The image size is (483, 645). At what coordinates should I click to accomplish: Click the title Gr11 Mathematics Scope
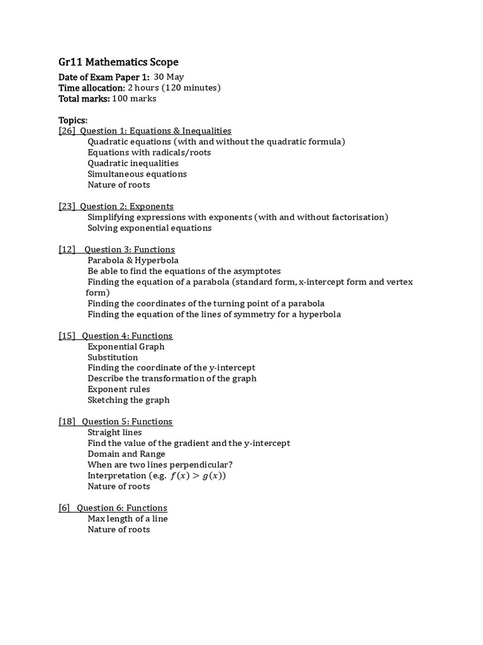coord(118,62)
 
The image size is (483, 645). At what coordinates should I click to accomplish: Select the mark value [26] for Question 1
coord(67,131)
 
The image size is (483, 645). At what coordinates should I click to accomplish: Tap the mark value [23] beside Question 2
coord(67,207)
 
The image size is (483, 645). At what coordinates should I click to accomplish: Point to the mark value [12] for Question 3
coord(67,249)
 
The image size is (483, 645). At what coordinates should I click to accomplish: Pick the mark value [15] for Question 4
coord(67,336)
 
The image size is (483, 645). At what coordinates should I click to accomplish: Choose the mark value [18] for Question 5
coord(67,421)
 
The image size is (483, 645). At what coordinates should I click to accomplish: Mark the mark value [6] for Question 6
coord(65,508)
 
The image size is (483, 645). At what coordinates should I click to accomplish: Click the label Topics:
coord(73,120)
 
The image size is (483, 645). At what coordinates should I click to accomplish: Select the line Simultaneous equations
coord(137,174)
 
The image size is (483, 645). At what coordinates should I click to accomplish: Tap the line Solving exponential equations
coord(149,228)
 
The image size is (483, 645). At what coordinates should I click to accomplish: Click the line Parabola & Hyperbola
coord(133,260)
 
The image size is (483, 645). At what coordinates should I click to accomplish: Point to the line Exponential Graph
coord(126,346)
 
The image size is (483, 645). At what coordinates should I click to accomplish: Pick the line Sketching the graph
coord(128,400)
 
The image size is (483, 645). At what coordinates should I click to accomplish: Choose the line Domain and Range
coord(126,454)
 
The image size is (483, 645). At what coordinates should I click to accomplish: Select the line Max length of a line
coord(128,519)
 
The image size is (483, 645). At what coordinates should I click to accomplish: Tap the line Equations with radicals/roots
coord(149,152)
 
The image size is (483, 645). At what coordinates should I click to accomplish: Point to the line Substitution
coord(113,357)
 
